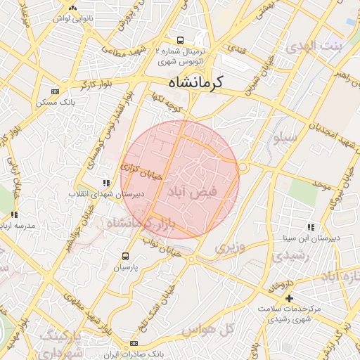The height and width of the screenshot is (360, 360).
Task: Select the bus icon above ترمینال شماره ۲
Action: tap(181, 40)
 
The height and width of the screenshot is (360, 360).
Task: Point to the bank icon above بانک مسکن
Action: tap(56, 91)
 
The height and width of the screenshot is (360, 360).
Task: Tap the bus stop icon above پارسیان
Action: tap(126, 257)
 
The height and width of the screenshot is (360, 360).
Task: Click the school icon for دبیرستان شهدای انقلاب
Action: tap(106, 183)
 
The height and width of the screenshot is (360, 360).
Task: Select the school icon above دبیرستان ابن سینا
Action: tap(310, 227)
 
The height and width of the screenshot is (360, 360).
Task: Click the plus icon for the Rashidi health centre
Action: tap(289, 299)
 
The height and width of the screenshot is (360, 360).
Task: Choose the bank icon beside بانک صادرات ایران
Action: tap(134, 343)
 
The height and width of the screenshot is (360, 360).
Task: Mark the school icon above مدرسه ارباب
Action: tap(14, 214)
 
